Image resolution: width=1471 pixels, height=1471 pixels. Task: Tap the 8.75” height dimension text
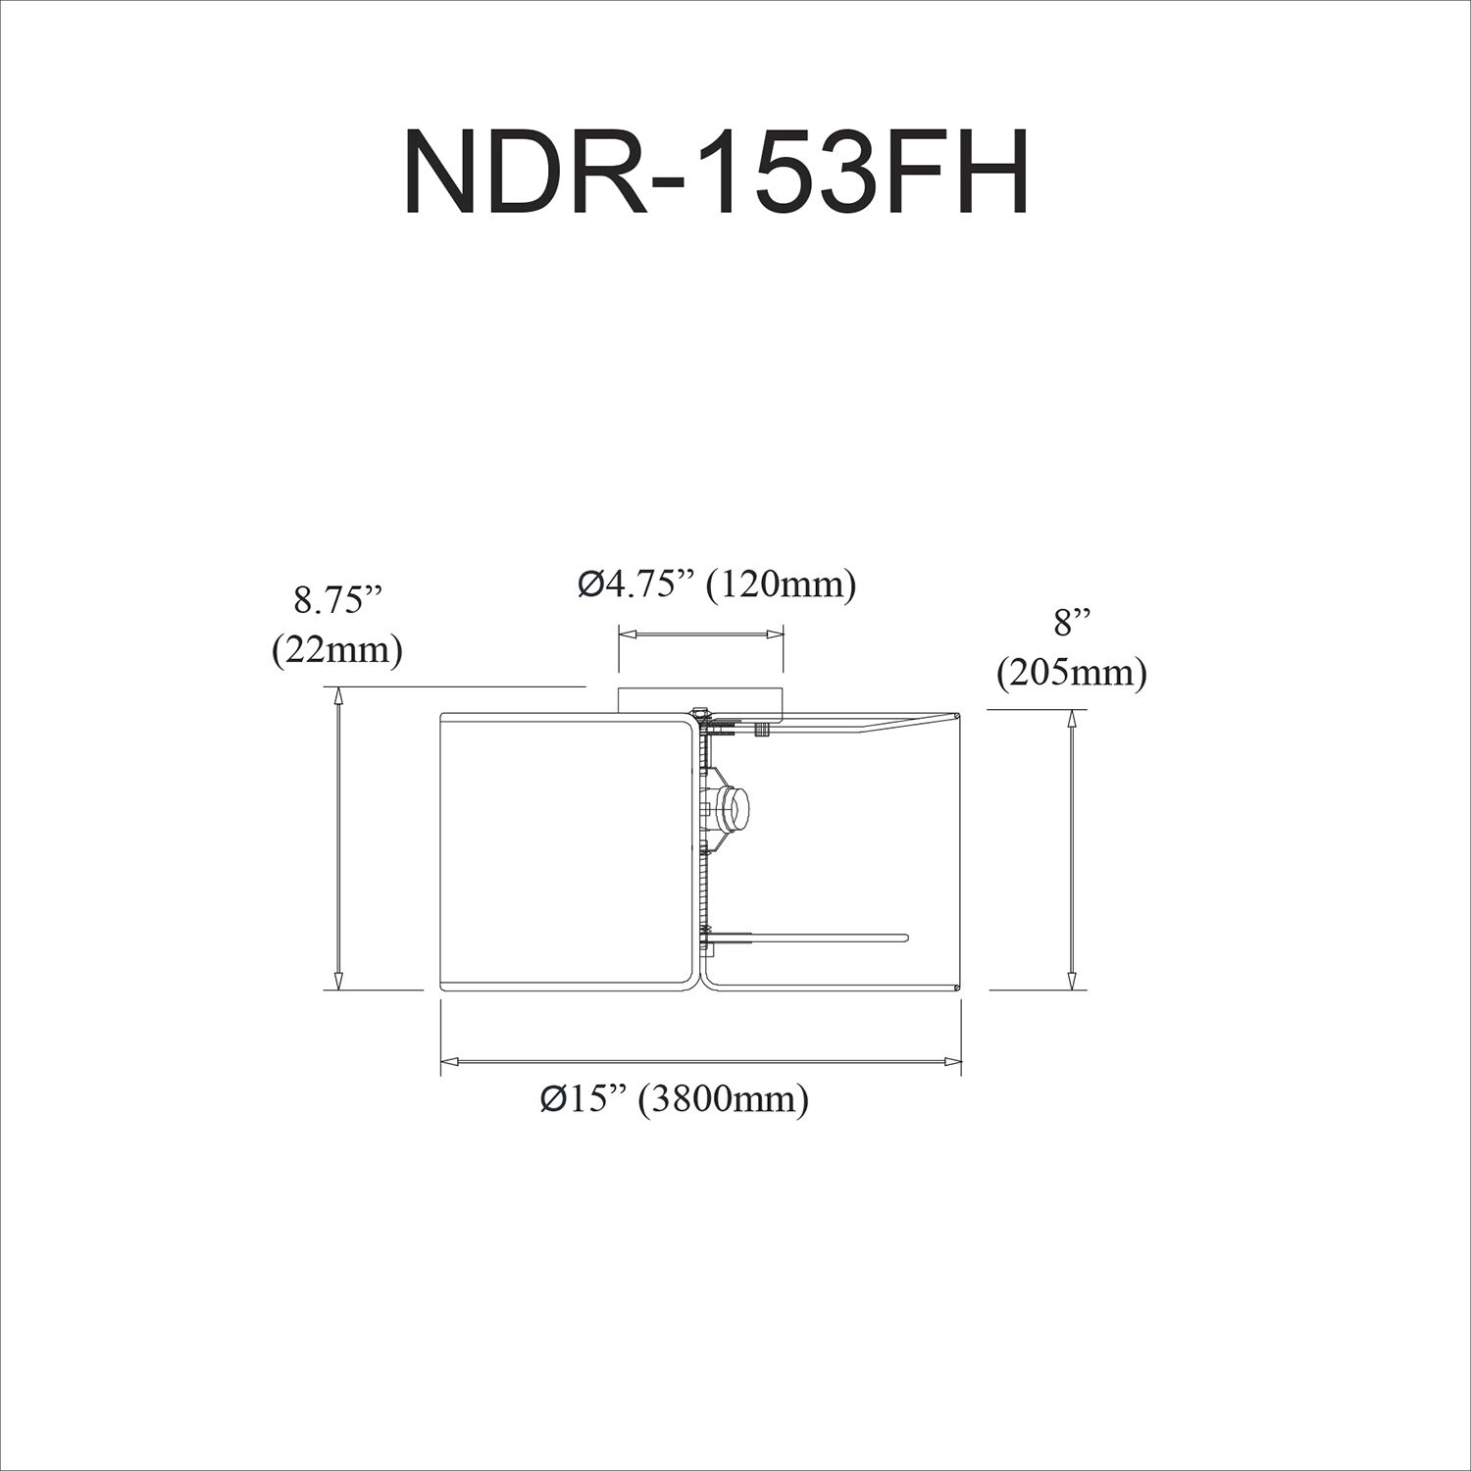coord(336,600)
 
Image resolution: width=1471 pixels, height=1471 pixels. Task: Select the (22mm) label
coord(336,649)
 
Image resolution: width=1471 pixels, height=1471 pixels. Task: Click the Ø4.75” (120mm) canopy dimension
coord(717,585)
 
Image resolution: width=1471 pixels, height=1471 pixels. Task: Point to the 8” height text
coord(1071,624)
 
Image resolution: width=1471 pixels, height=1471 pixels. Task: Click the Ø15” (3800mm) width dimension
coord(675,1099)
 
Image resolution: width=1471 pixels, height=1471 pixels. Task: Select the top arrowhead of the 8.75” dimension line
coord(339,695)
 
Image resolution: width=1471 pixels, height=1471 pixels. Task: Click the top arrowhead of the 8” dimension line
coord(1071,718)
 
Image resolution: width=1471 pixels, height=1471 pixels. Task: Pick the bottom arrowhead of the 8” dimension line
coord(1071,982)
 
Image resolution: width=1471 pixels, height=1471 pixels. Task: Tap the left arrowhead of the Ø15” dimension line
coord(449,1061)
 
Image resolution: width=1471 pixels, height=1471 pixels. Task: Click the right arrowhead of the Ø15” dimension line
coord(952,1061)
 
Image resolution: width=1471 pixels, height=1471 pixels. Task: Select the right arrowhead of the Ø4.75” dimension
coord(776,635)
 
